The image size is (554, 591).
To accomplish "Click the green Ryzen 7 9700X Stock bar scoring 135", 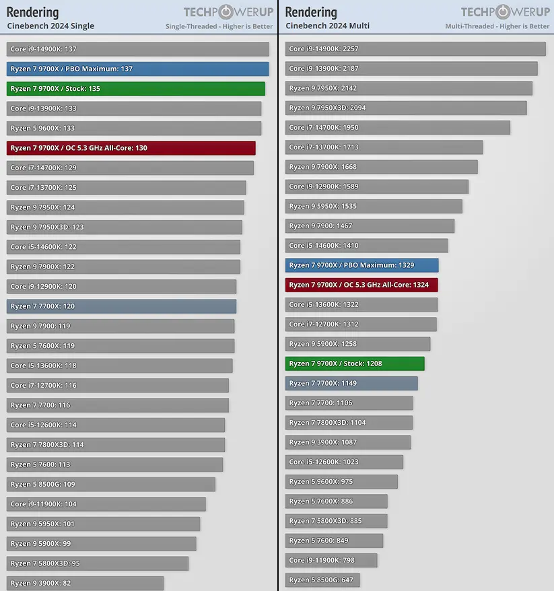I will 135,89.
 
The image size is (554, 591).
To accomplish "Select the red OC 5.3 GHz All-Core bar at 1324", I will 361,285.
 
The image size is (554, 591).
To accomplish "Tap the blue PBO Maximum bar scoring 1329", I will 361,265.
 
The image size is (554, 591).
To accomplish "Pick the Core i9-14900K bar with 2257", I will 415,49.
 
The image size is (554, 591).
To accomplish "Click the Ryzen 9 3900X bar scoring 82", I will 85,583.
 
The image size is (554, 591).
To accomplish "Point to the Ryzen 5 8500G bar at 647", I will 322,580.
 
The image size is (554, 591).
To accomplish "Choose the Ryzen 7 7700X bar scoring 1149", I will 351,383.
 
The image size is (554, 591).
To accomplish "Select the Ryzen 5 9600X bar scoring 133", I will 133,128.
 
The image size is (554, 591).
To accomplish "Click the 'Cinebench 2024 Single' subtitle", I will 50,26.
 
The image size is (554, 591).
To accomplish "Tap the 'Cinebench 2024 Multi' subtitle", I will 327,26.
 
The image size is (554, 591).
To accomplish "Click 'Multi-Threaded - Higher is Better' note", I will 497,27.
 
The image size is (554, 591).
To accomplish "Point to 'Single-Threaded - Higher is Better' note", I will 219,27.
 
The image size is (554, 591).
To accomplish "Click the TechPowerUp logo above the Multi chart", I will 505,12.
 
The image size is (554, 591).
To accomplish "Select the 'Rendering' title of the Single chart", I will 32,12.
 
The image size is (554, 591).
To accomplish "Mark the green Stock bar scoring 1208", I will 354,363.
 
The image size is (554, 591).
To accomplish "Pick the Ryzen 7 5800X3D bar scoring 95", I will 98,563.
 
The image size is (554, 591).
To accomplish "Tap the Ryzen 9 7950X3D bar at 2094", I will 405,108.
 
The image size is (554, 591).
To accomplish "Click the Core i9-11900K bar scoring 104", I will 106,504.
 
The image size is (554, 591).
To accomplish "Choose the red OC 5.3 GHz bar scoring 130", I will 131,148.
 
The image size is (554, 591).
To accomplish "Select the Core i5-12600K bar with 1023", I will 344,462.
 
